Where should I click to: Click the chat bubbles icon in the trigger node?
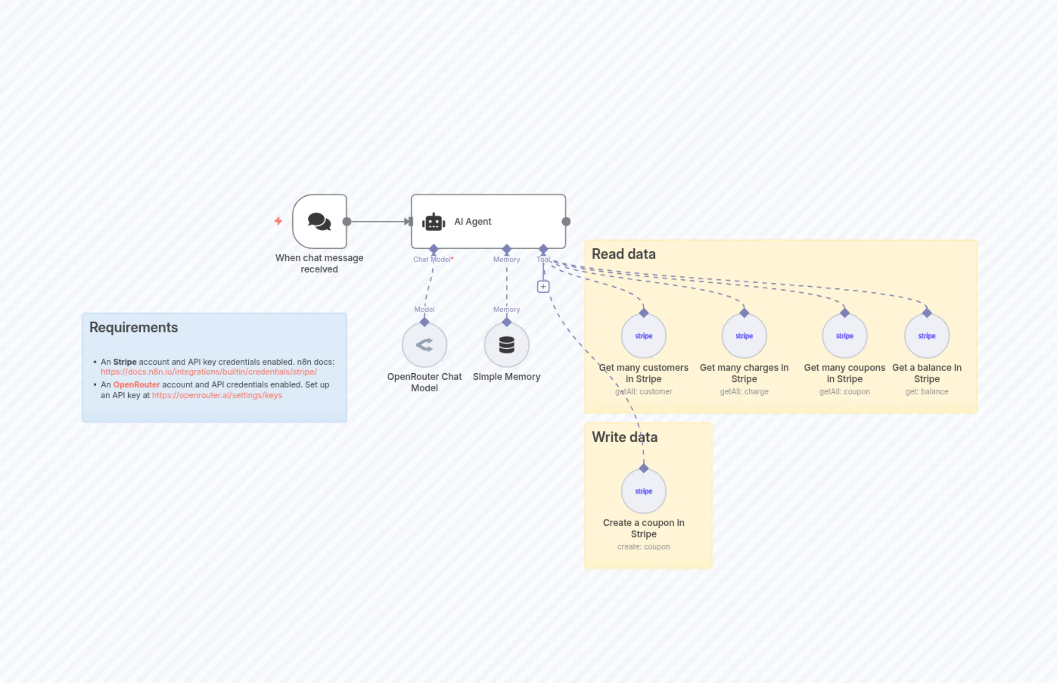319,221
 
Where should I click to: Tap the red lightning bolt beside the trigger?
278,221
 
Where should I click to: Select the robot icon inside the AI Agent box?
433,222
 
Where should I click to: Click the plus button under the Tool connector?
543,286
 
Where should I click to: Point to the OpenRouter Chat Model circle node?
424,345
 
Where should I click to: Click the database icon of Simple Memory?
506,345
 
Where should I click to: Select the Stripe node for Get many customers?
644,336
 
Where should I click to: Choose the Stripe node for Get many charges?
744,336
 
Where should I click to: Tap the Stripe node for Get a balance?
926,336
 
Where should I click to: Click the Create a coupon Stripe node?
644,491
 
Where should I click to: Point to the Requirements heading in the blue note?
134,327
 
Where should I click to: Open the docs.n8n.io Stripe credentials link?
208,372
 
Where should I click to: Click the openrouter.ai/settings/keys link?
217,395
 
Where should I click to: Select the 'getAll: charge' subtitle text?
744,392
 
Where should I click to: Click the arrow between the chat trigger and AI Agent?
379,221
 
